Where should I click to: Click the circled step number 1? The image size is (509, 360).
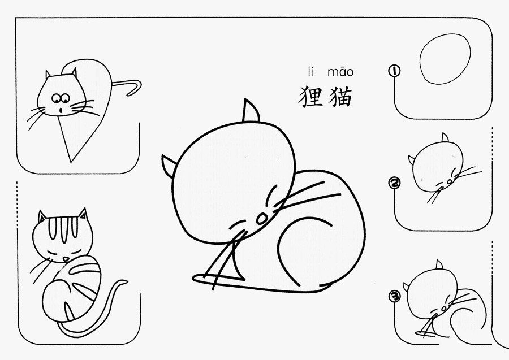click(394, 71)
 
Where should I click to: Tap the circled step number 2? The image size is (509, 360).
click(394, 183)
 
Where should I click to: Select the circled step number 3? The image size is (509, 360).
click(394, 296)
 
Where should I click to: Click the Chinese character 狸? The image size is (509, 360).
click(311, 97)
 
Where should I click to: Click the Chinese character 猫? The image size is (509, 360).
click(340, 97)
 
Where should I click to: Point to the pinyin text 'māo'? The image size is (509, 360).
click(340, 72)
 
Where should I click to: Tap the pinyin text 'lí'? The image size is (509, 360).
click(311, 71)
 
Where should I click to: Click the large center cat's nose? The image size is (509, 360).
click(262, 219)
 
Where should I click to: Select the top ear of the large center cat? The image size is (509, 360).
click(251, 111)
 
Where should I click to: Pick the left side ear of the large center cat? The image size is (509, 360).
click(168, 165)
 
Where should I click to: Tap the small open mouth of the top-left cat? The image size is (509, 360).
click(61, 111)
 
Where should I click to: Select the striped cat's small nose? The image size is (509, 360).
click(66, 259)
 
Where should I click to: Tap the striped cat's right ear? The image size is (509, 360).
click(83, 214)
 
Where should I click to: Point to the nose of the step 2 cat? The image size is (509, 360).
click(450, 181)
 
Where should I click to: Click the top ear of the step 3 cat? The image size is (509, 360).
click(439, 264)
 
